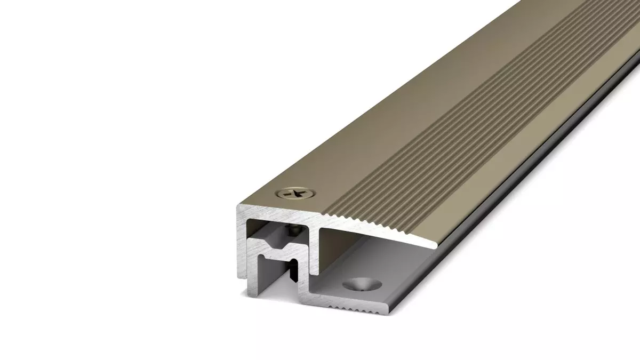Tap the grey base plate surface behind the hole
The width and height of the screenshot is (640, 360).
point(405,267)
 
